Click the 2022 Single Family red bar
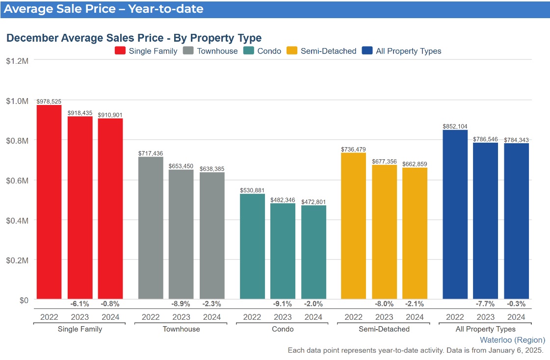point(49,202)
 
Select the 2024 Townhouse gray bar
point(212,235)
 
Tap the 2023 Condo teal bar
point(283,251)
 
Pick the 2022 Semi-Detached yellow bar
point(353,226)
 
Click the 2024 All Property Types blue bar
point(516,221)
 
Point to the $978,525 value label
point(49,101)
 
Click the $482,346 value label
point(283,200)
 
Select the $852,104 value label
point(455,126)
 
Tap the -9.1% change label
point(283,304)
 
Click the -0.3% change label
point(516,304)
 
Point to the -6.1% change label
point(79,304)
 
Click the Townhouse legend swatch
point(189,51)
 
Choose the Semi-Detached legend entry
point(328,51)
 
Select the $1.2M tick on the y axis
point(17,61)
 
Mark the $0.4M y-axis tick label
point(17,220)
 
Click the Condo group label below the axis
point(283,329)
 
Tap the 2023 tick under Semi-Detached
point(384,317)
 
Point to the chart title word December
point(33,38)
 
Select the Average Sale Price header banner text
point(103,9)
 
